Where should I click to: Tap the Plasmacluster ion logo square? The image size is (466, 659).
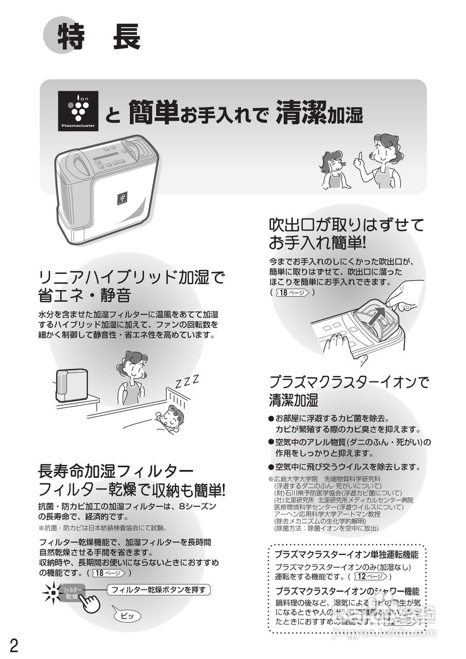78,110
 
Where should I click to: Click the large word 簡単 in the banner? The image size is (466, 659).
153,111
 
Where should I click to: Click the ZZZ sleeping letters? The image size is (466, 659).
186,383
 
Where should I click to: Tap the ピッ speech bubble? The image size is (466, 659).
127,616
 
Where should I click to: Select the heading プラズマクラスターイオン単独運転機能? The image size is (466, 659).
346,555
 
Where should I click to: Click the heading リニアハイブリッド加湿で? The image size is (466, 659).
132,278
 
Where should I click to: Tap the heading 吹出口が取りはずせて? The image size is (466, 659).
346,224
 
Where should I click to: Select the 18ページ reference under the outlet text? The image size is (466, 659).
294,292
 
